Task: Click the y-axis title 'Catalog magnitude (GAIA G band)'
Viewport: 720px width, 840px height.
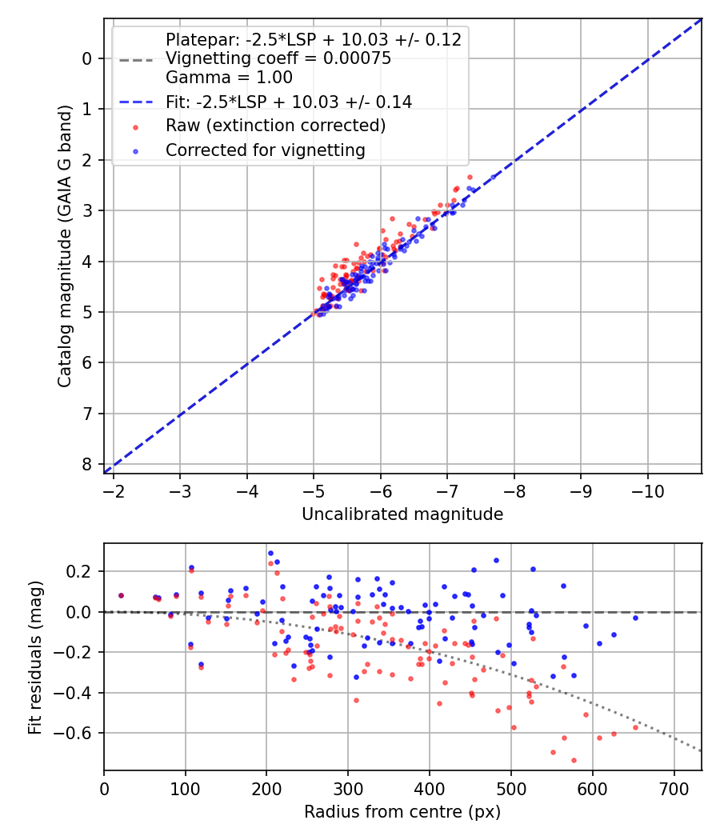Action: [x=65, y=246]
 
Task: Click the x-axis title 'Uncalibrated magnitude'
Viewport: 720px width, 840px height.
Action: [x=402, y=514]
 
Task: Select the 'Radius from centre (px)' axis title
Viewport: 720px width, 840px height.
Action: [x=402, y=812]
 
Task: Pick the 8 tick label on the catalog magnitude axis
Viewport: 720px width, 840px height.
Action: [x=87, y=464]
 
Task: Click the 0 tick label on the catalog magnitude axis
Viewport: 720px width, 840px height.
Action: [x=87, y=58]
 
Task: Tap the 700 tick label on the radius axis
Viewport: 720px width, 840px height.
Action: [x=674, y=789]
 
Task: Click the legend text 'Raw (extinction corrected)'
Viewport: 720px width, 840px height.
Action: [x=276, y=126]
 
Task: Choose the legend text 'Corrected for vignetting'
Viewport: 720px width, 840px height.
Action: [x=266, y=150]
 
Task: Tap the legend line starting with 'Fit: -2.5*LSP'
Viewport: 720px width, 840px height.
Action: [x=289, y=102]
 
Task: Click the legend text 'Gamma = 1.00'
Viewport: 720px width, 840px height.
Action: [x=229, y=78]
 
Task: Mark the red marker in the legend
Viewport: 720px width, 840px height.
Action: [x=135, y=126]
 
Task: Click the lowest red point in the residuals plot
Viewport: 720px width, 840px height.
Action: [x=574, y=760]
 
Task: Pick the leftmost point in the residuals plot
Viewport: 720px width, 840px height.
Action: [x=121, y=595]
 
